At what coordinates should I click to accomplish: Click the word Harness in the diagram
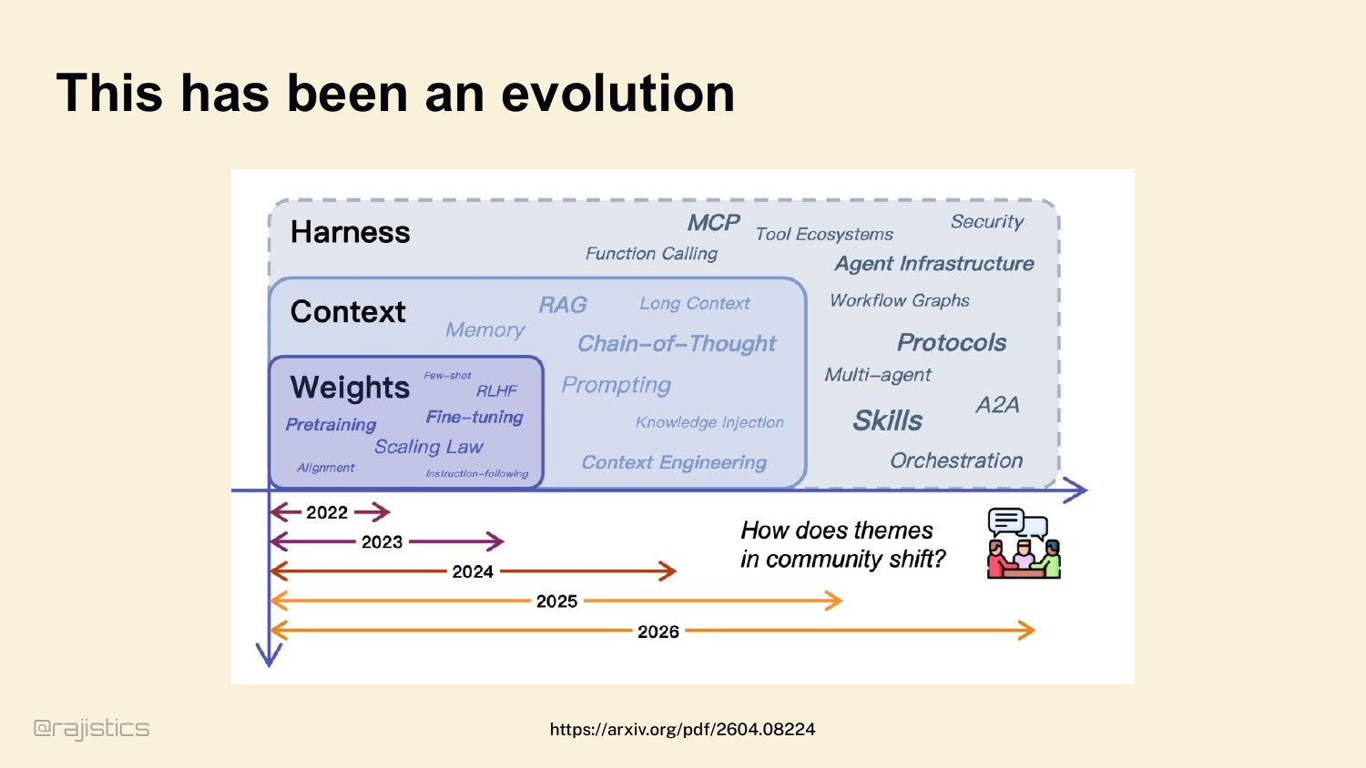350,232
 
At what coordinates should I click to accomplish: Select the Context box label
348,311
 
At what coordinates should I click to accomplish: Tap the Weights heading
350,388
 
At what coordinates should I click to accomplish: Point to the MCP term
713,222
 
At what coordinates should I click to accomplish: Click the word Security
986,221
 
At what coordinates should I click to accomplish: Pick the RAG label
562,304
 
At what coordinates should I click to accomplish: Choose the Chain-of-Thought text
677,344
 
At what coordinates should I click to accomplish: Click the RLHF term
496,390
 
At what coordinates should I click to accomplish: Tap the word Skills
887,420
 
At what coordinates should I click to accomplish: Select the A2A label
997,405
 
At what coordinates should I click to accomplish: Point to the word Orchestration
956,460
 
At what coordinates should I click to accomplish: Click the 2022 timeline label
327,512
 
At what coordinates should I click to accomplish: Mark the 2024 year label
473,571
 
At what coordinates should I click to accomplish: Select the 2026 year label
658,632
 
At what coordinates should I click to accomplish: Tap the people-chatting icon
1024,543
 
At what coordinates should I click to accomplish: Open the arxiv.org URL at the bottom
682,729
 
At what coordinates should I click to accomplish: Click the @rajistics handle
91,729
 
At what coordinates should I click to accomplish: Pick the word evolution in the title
617,93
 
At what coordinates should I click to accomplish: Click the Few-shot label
447,376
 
